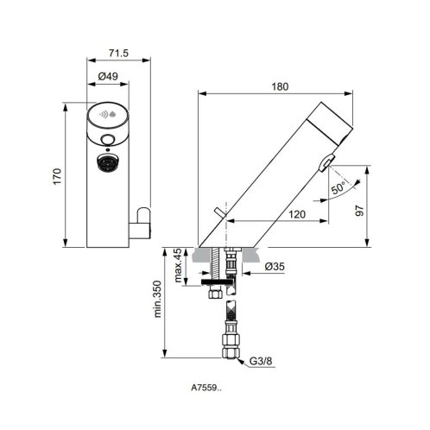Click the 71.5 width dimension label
pos(118,54)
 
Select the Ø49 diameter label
pos(108,76)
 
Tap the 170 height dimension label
pos(57,176)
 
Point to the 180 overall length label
pos(280,86)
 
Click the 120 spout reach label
pos(297,214)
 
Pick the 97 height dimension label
pos(360,211)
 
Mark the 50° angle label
pos(338,188)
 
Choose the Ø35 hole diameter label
pos(275,267)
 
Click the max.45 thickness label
pos(178,265)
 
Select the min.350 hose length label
pos(157,299)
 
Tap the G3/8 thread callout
pos(261,361)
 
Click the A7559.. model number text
pos(206,388)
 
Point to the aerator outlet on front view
pos(108,163)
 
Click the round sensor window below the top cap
pos(108,140)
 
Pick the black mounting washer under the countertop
pos(217,281)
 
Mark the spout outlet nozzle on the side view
pos(326,163)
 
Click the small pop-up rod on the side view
pos(220,212)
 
